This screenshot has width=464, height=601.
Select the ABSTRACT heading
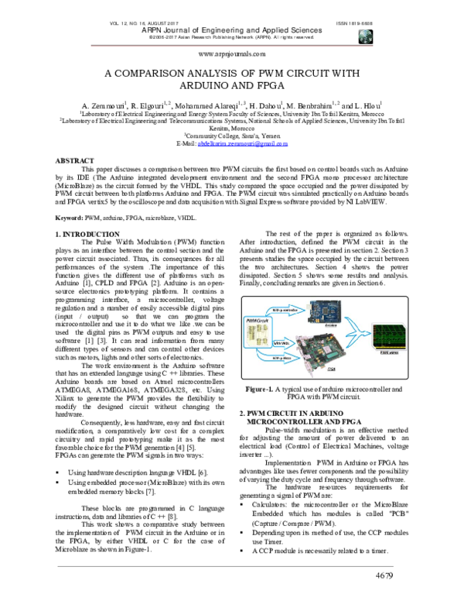coord(75,160)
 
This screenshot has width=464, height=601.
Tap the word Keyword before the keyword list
coord(70,219)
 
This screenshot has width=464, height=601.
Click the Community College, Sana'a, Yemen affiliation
coord(232,136)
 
